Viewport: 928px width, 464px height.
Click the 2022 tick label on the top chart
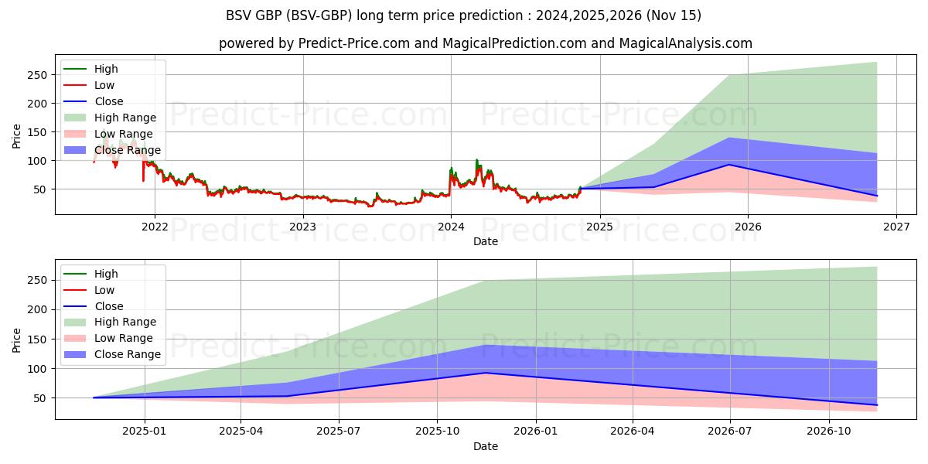point(155,226)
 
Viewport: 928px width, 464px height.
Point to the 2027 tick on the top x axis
point(896,226)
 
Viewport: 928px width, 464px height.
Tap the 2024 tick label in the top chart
point(451,226)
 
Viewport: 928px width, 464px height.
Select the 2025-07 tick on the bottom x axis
point(339,431)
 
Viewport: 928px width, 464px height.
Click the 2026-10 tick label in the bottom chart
point(829,431)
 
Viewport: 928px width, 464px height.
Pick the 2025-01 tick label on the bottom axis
point(144,431)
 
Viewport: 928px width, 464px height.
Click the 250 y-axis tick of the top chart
point(38,75)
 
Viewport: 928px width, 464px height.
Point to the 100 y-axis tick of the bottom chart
point(38,369)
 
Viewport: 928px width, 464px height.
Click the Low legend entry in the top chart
point(104,85)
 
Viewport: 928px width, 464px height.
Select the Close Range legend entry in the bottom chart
point(127,354)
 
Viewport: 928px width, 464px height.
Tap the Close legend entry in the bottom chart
point(108,306)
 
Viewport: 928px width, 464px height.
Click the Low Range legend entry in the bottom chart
point(123,338)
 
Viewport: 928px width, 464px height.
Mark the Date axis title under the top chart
point(486,241)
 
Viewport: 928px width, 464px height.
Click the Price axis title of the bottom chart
point(17,339)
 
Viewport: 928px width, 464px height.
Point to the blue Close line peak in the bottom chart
point(485,373)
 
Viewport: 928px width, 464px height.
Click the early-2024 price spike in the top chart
point(476,161)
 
